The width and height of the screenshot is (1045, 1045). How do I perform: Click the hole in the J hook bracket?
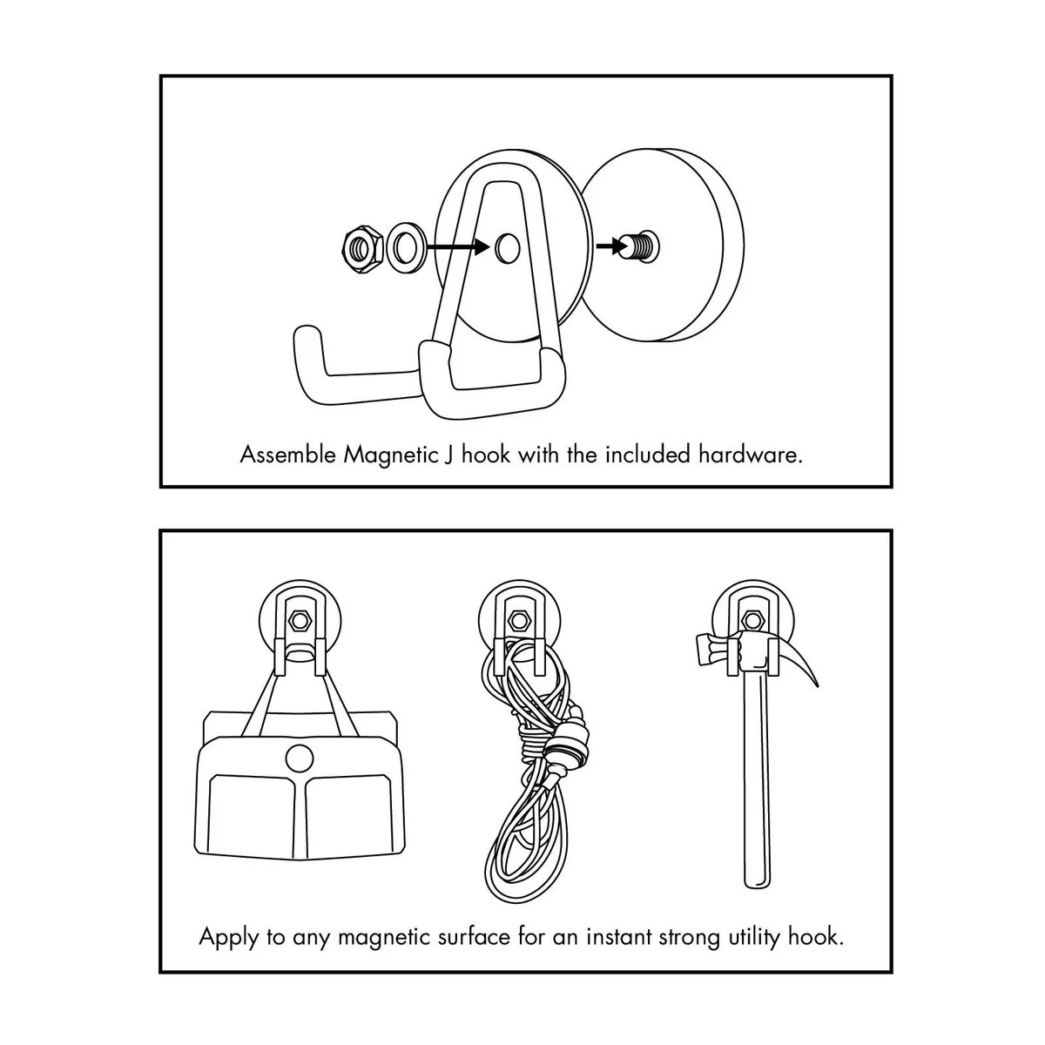pyautogui.click(x=507, y=247)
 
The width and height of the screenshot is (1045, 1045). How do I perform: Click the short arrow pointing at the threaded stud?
pyautogui.click(x=610, y=246)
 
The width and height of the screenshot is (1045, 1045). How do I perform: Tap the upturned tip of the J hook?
pyautogui.click(x=307, y=337)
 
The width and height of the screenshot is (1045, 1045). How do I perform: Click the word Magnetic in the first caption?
pyautogui.click(x=390, y=455)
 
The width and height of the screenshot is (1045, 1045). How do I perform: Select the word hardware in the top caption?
pyautogui.click(x=750, y=455)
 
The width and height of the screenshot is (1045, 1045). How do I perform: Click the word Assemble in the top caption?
pyautogui.click(x=288, y=455)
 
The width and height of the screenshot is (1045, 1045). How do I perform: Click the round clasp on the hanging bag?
pyautogui.click(x=299, y=758)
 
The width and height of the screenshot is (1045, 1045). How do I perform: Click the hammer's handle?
pyautogui.click(x=757, y=782)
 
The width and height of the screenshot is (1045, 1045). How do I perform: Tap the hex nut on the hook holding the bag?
pyautogui.click(x=300, y=620)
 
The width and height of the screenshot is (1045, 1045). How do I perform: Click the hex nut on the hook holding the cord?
pyautogui.click(x=517, y=620)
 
